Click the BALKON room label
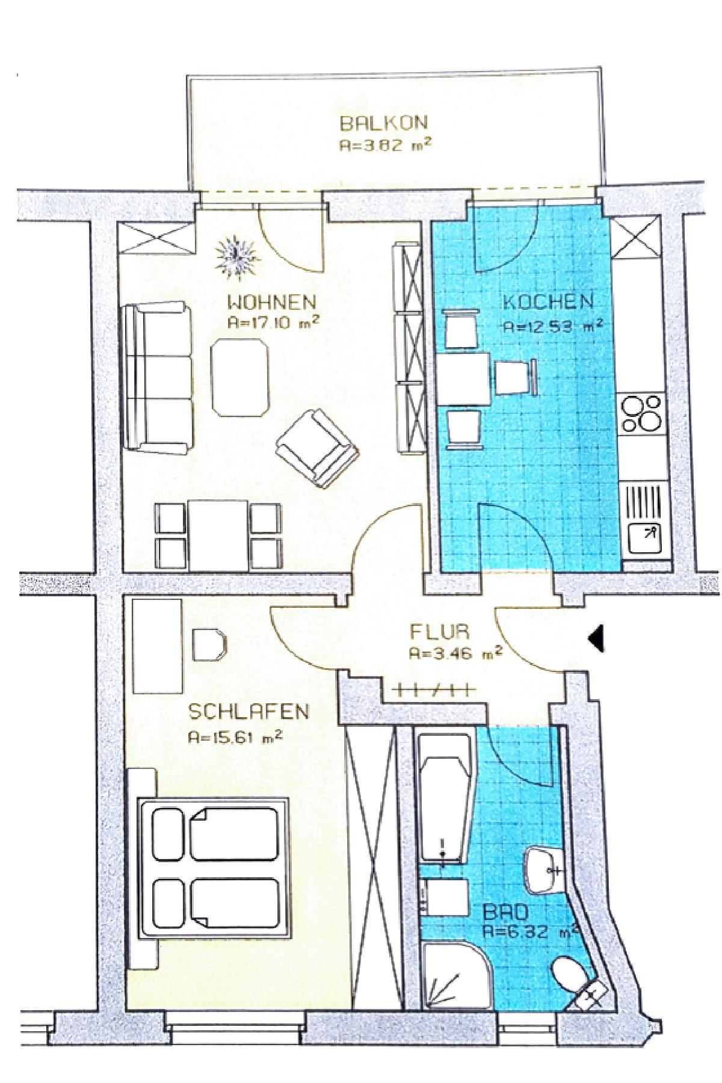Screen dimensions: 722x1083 coord(384,123)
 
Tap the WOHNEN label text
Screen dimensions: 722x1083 coord(271,301)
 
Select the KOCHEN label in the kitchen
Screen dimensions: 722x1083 coord(548,301)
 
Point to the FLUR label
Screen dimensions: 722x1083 coord(440,632)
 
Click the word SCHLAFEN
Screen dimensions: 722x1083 coord(248,712)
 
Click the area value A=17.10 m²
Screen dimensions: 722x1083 coord(273,322)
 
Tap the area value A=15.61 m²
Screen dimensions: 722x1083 coord(235,737)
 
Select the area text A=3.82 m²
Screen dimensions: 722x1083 coord(386,145)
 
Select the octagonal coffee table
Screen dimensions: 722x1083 coord(240,377)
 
